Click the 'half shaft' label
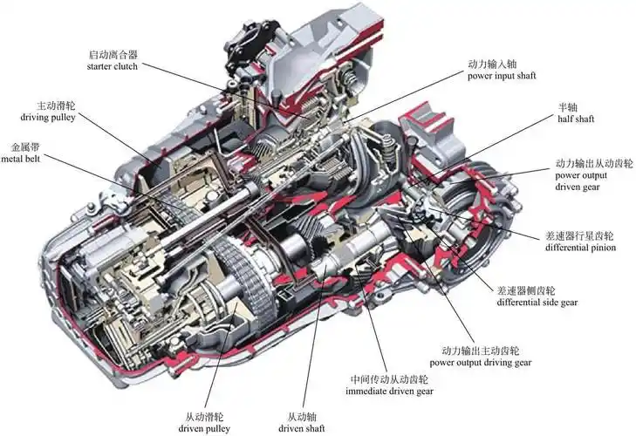tap(576, 119)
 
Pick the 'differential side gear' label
tap(537, 302)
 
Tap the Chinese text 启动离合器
tap(113, 54)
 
